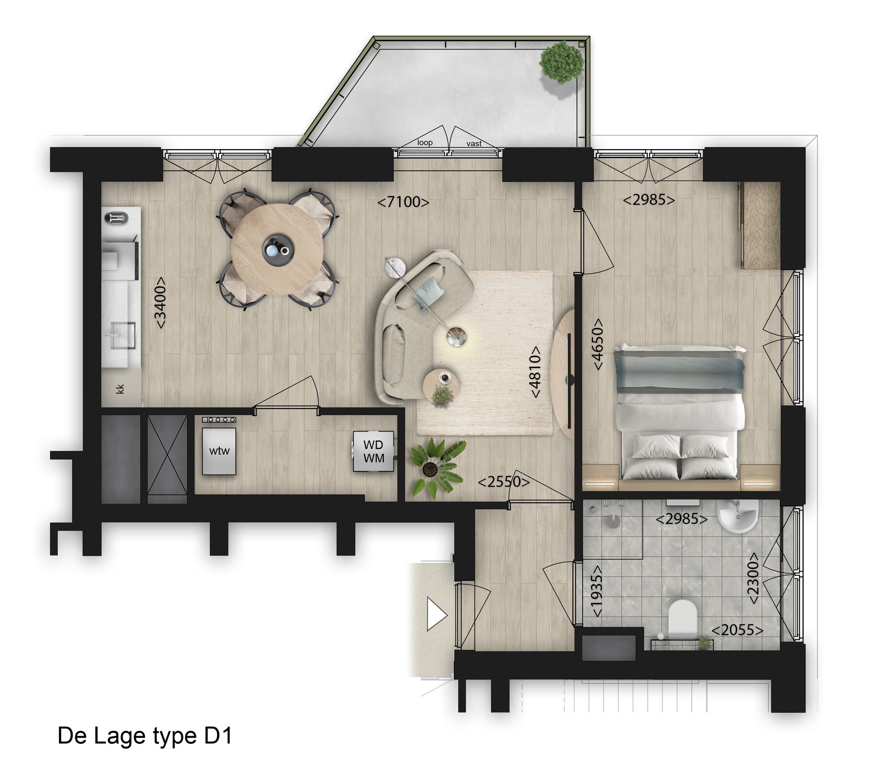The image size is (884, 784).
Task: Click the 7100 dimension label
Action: pyautogui.click(x=403, y=201)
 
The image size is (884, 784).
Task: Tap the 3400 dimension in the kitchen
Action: pyautogui.click(x=160, y=303)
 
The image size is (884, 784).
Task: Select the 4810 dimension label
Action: pyautogui.click(x=535, y=372)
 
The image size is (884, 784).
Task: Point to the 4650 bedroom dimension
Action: pyautogui.click(x=598, y=344)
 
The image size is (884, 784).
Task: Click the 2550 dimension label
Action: pyautogui.click(x=503, y=481)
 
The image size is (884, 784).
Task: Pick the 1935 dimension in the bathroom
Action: pyautogui.click(x=597, y=591)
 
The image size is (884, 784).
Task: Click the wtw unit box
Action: pyautogui.click(x=219, y=451)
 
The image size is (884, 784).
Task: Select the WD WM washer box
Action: pyautogui.click(x=373, y=451)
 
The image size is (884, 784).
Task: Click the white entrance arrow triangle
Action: pyautogui.click(x=436, y=614)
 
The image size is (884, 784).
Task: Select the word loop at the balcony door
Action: pyautogui.click(x=425, y=142)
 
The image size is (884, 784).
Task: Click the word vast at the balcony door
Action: pyautogui.click(x=474, y=144)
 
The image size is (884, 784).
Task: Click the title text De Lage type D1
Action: pyautogui.click(x=145, y=736)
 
